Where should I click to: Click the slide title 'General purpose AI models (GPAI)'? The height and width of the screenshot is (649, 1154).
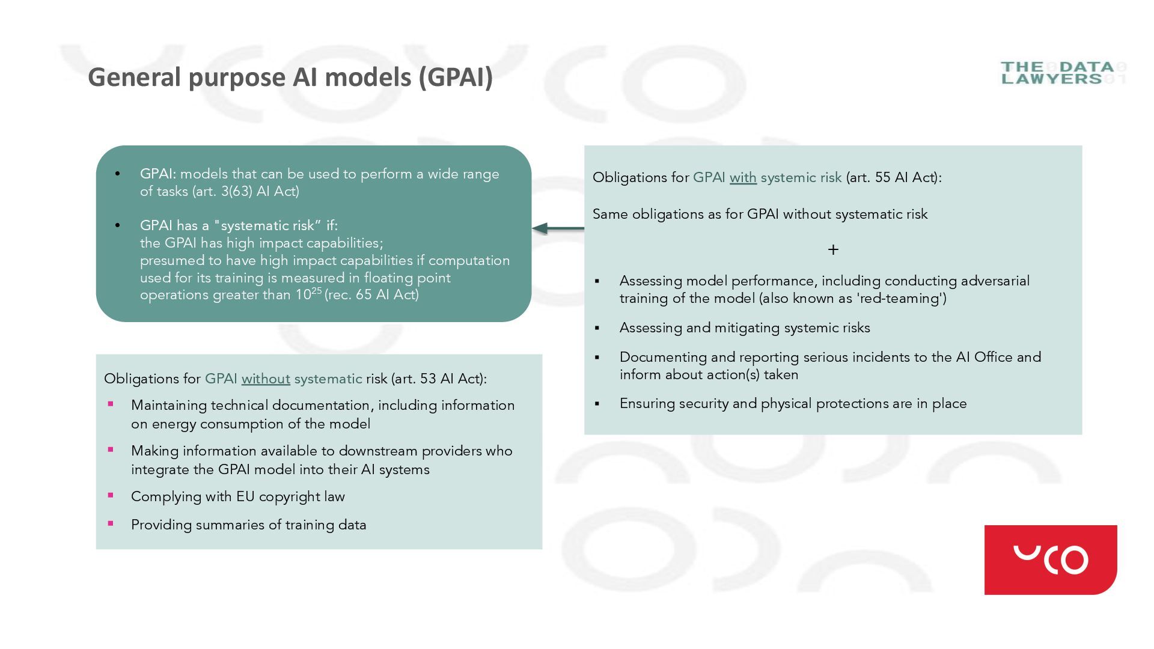click(290, 78)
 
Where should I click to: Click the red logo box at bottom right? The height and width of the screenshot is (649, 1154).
click(1050, 559)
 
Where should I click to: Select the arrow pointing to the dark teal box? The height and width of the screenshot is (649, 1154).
click(557, 228)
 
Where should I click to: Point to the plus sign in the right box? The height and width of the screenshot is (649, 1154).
click(833, 249)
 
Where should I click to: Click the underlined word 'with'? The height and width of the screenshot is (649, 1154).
click(743, 178)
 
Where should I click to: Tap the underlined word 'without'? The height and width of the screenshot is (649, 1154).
click(266, 379)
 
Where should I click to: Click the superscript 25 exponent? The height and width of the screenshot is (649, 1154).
click(317, 291)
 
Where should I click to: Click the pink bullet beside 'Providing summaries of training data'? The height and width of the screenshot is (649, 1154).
click(111, 524)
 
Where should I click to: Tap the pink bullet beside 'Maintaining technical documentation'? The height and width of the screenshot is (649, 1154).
click(111, 404)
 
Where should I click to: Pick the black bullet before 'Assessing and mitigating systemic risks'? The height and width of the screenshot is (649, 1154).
click(597, 328)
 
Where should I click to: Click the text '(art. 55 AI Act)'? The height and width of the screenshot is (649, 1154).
click(893, 178)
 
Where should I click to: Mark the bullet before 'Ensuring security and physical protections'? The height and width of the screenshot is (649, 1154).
click(597, 404)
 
